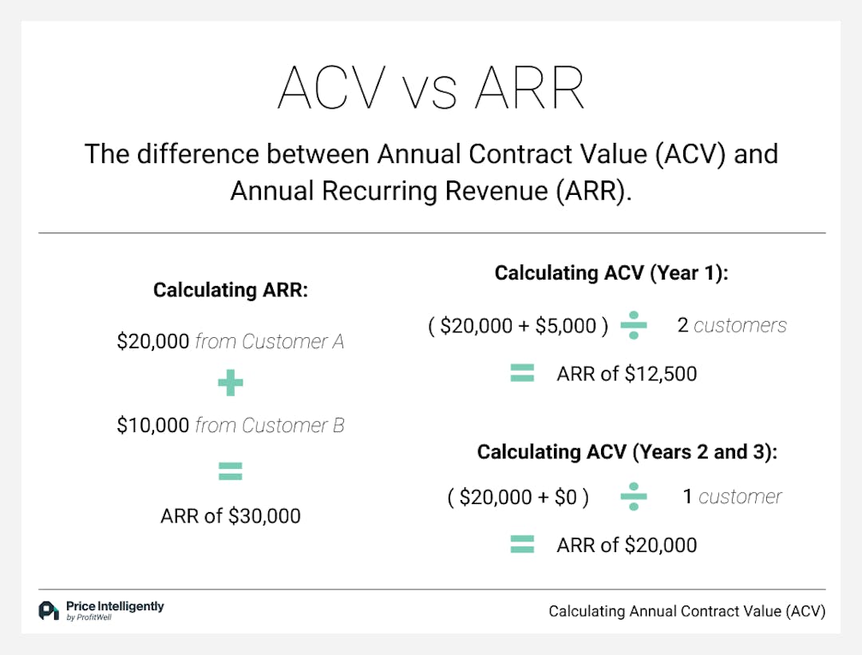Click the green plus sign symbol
[x=230, y=384]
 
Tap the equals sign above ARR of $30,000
[x=230, y=472]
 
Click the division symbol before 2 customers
[x=634, y=325]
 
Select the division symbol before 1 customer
[x=634, y=497]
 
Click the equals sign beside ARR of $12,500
[x=522, y=373]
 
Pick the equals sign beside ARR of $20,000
[x=522, y=545]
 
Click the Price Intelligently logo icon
[x=49, y=611]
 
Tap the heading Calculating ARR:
[x=231, y=289]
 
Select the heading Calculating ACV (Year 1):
[x=612, y=273]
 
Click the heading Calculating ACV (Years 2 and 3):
[x=627, y=452]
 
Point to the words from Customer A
[x=270, y=342]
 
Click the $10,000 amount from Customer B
[x=153, y=426]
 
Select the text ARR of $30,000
[x=231, y=516]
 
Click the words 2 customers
[x=731, y=325]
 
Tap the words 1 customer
[x=732, y=497]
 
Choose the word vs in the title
[x=431, y=93]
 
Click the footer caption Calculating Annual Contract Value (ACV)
[x=686, y=612]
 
